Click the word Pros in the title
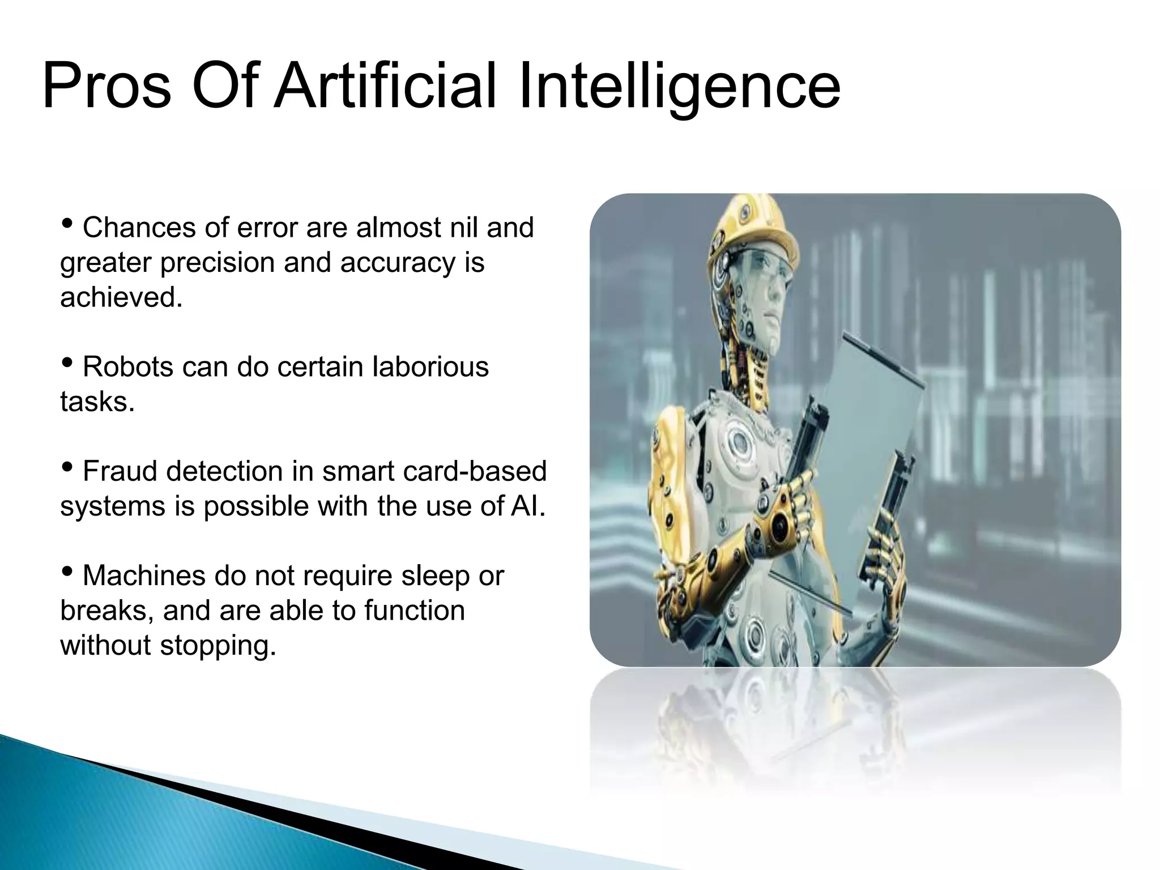pos(106,87)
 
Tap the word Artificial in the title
pos(385,87)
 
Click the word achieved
pos(121,297)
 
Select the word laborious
pos(430,366)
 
